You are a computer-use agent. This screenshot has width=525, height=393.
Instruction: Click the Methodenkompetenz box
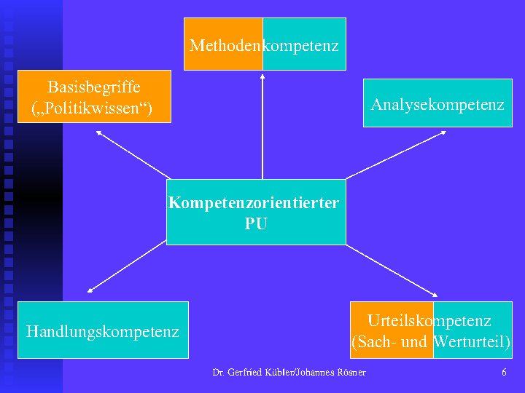[x=264, y=44]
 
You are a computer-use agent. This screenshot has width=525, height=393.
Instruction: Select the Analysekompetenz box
[x=437, y=105]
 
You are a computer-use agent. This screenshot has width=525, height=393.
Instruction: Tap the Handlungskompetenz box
[x=103, y=330]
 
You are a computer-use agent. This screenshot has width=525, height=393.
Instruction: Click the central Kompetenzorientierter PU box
[x=256, y=212]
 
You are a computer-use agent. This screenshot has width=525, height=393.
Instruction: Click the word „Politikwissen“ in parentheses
[x=92, y=110]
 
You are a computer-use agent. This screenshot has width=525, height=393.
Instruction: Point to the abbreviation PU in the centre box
[x=256, y=224]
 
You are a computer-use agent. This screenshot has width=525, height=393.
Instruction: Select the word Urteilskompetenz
[x=429, y=320]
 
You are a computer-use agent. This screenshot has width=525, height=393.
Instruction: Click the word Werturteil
[x=471, y=341]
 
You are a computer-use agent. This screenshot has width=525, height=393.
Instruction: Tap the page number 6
[x=504, y=373]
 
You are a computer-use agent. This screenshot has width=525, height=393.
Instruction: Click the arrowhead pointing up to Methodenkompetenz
[x=262, y=74]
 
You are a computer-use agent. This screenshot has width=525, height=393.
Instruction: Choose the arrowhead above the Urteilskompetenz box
[x=434, y=295]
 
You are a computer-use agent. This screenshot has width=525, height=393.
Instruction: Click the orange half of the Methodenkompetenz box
[x=223, y=44]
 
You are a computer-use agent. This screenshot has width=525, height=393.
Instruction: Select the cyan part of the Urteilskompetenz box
[x=472, y=330]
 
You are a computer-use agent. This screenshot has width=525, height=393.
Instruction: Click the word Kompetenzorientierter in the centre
[x=254, y=202]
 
